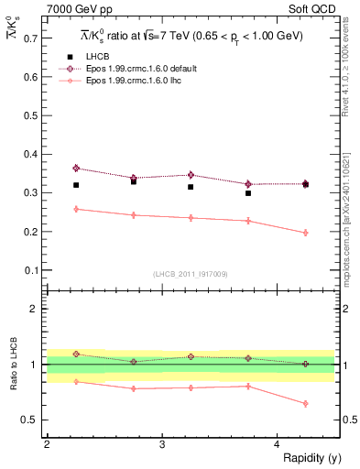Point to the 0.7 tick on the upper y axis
tap(32, 39)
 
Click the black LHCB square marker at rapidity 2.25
tap(76, 185)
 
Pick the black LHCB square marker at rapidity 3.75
tap(248, 193)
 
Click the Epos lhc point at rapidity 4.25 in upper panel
tap(305, 233)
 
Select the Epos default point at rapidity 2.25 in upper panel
tap(76, 169)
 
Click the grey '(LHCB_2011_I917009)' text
tap(190, 275)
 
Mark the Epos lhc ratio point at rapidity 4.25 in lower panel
tap(305, 404)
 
